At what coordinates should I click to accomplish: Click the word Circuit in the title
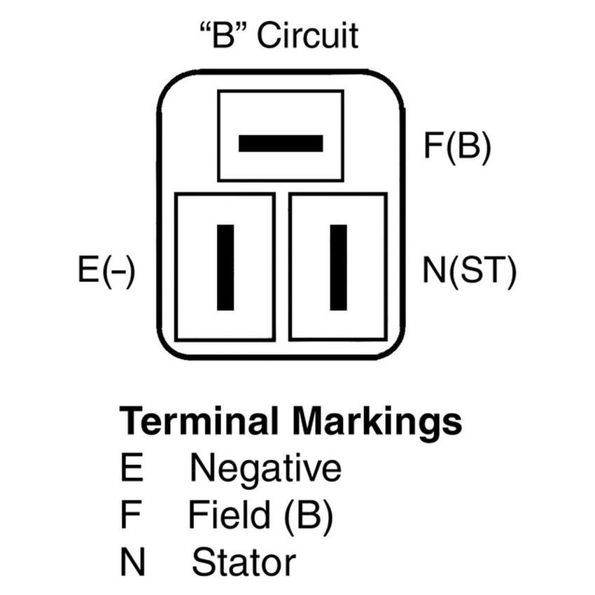click(307, 35)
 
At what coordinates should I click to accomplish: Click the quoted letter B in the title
click(223, 35)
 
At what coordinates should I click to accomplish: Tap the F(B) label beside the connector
click(457, 146)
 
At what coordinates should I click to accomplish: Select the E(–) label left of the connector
click(106, 269)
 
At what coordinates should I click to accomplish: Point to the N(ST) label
click(470, 270)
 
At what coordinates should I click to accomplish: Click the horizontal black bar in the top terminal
click(281, 143)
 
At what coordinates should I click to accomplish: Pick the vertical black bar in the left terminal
click(225, 267)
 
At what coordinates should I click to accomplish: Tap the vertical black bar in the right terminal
click(339, 267)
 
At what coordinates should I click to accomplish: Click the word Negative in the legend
click(265, 468)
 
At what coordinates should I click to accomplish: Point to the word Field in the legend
click(229, 514)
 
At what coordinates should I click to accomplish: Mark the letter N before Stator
click(133, 561)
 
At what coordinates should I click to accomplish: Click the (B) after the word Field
click(308, 516)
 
